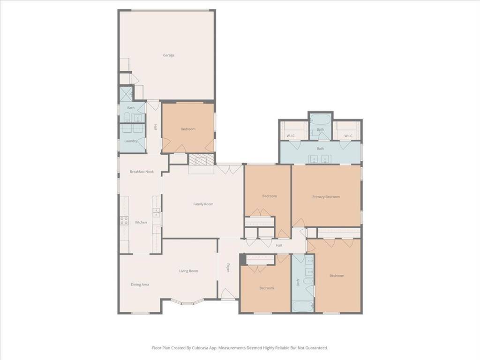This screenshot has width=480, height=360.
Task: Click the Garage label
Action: [x=169, y=55]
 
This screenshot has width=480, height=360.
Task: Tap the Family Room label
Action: [x=203, y=204]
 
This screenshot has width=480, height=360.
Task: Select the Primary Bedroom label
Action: [x=326, y=197]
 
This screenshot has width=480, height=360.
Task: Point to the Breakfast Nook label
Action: [x=142, y=172]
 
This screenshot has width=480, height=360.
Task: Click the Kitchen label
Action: [x=141, y=223]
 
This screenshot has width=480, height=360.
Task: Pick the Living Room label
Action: [x=188, y=271]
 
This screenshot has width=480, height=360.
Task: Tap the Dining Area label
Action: [x=140, y=285]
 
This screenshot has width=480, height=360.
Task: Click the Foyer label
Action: [x=228, y=268]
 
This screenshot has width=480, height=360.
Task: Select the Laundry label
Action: [x=131, y=141]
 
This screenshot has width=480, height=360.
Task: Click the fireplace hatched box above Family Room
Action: [x=201, y=159]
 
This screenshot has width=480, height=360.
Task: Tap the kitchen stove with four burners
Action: [x=124, y=221]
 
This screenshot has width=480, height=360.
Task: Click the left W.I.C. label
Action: [x=291, y=136]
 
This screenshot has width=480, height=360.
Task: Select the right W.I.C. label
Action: [x=348, y=136]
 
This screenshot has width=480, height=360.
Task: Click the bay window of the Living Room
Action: [x=182, y=303]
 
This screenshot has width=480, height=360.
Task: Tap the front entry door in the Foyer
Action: [x=227, y=294]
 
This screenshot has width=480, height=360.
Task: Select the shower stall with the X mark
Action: [x=126, y=94]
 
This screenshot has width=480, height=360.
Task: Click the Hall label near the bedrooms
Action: [x=279, y=246]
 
